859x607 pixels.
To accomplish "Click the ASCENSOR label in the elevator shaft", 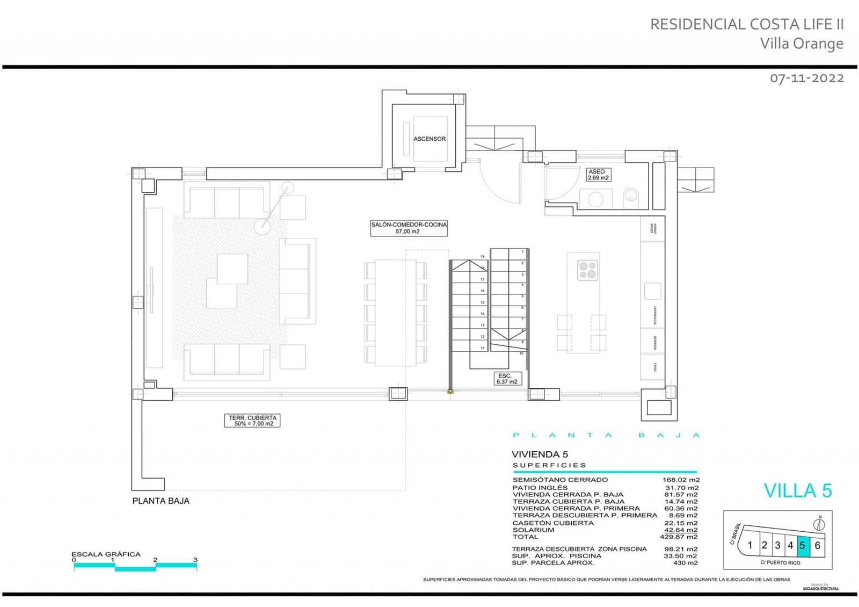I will pyautogui.click(x=429, y=139).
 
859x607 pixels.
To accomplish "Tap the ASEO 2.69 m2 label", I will pyautogui.click(x=598, y=175).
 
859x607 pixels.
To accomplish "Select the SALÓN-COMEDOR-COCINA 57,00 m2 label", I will pyautogui.click(x=409, y=228).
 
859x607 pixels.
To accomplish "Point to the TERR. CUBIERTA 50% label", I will pyautogui.click(x=252, y=421).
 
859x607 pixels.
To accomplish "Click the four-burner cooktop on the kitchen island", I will pyautogui.click(x=587, y=270).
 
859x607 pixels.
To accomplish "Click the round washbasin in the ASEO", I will pyautogui.click(x=595, y=199).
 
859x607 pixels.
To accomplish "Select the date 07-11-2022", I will pyautogui.click(x=806, y=78).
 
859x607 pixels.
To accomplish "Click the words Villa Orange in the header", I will pyautogui.click(x=801, y=44).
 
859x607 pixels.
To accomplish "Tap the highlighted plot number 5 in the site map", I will pyautogui.click(x=803, y=545).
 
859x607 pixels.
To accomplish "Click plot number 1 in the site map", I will pyautogui.click(x=750, y=545).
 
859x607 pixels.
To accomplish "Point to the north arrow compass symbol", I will pyautogui.click(x=820, y=524).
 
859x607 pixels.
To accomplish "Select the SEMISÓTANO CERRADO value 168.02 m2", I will pyautogui.click(x=681, y=480).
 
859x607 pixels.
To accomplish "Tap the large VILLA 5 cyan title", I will pyautogui.click(x=797, y=490).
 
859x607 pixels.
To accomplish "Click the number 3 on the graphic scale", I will pyautogui.click(x=195, y=560).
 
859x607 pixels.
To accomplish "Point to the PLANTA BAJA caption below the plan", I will pyautogui.click(x=161, y=501).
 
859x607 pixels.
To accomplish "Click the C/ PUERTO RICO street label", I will pyautogui.click(x=780, y=563).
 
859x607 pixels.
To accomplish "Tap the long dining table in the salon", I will pyautogui.click(x=396, y=313).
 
